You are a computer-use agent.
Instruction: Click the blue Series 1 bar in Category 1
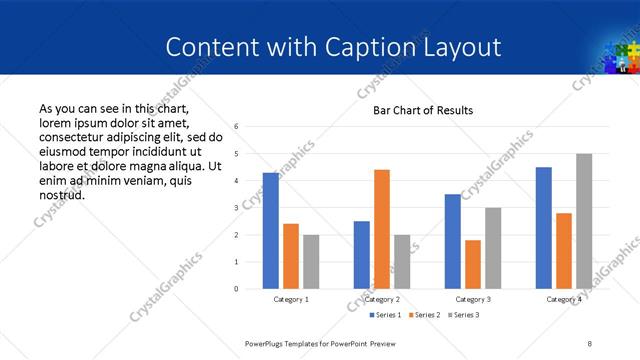(x=271, y=231)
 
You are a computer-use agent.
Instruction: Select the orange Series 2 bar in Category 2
(x=382, y=229)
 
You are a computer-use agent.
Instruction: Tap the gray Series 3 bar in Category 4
(x=584, y=221)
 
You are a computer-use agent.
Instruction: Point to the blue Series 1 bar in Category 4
(x=544, y=228)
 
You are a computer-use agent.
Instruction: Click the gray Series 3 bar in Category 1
(x=311, y=262)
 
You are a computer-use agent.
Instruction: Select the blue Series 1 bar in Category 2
(x=362, y=255)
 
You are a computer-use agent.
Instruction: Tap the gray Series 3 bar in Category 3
(x=493, y=248)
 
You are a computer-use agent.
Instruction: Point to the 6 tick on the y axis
(x=236, y=127)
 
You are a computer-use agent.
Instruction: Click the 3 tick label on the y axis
(x=236, y=208)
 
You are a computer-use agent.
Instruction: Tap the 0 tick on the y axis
(x=236, y=289)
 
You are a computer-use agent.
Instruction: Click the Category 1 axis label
(x=291, y=300)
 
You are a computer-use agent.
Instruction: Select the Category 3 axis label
(x=473, y=300)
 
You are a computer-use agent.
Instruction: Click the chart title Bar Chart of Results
(x=423, y=110)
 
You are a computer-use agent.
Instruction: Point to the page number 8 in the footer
(x=590, y=343)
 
